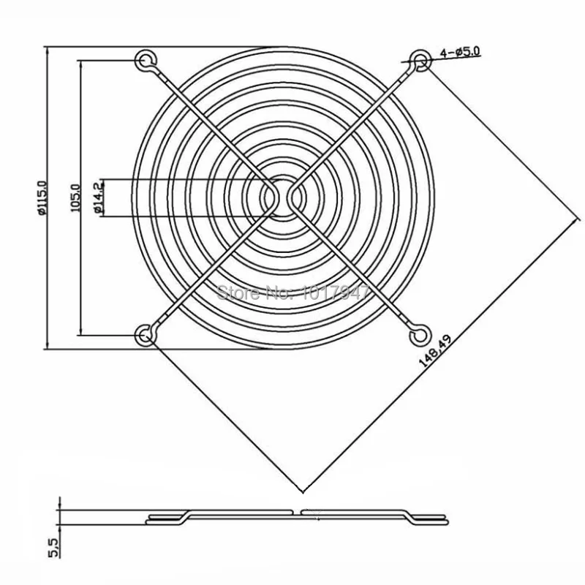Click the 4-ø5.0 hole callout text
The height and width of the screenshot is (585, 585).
pos(459,52)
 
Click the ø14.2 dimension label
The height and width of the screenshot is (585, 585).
pos(98,197)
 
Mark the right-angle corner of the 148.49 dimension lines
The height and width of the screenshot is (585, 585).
pos(302,488)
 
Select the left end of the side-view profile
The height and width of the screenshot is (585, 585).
pos(148,521)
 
